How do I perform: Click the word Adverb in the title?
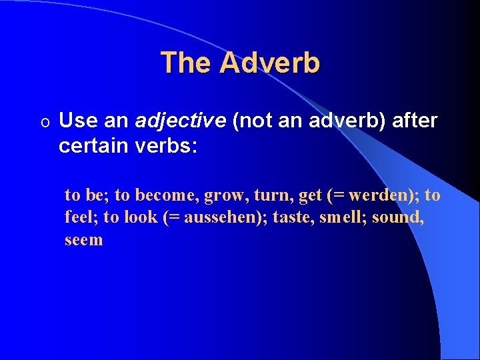(269, 63)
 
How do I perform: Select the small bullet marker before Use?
(44, 122)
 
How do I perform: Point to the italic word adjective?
(179, 121)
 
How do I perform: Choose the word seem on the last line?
(84, 240)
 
